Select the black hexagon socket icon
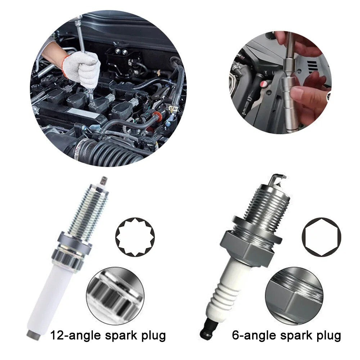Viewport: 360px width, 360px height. click(x=321, y=237)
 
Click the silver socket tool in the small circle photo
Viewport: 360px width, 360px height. click(x=290, y=94)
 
